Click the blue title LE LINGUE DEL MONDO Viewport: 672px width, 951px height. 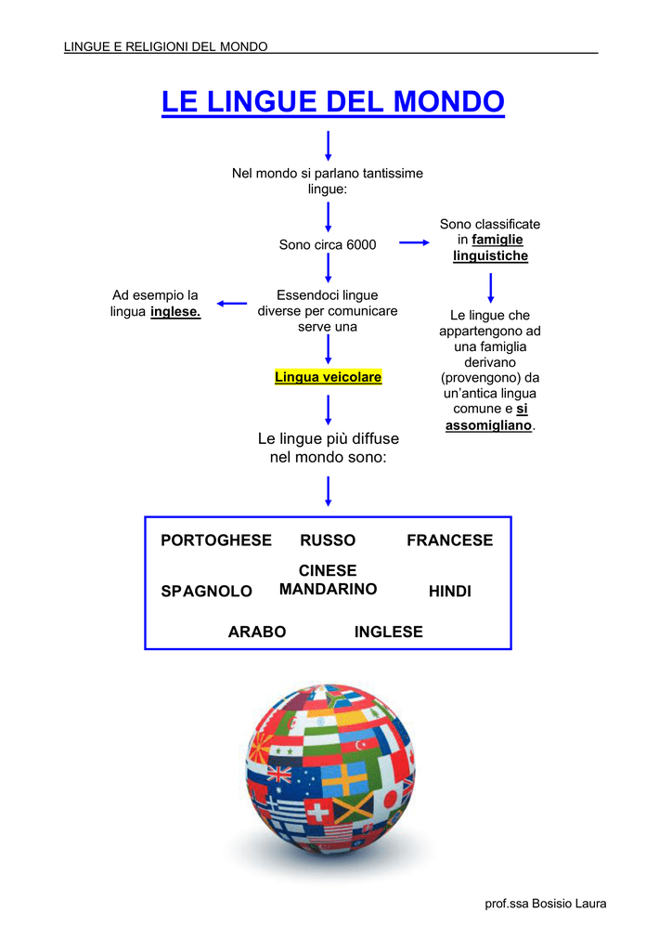332,102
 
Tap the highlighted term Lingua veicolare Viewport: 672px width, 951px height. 328,377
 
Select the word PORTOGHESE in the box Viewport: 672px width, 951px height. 216,541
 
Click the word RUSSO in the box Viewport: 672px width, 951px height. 328,541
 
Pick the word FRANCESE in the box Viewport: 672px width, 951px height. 449,541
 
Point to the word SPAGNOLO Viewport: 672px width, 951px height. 207,592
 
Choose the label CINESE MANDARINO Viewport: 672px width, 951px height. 328,580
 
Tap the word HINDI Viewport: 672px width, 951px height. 449,592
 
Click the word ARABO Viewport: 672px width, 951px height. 257,632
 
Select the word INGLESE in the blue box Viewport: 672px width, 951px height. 388,632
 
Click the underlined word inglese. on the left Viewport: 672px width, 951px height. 175,312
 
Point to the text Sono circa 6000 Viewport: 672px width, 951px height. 328,245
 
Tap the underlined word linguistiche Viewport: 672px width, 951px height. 491,256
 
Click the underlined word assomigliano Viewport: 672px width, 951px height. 488,425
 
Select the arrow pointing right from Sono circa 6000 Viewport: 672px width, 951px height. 415,242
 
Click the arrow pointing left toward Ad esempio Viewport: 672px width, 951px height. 232,304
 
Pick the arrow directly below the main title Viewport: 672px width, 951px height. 328,146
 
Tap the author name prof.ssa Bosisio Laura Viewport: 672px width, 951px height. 546,904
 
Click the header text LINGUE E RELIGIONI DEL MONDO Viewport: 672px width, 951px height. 165,46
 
